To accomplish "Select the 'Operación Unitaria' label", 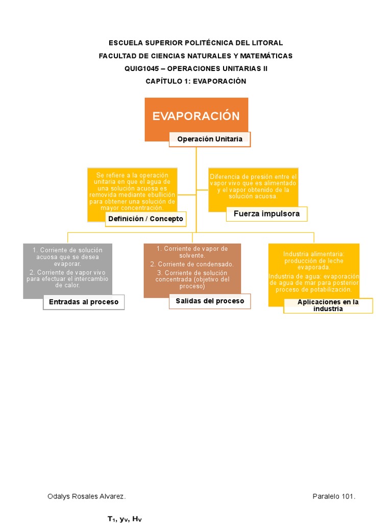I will point(210,139).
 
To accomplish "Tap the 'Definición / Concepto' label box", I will point(145,219).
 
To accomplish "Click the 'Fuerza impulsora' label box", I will point(266,213).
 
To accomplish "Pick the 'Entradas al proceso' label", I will point(84,302).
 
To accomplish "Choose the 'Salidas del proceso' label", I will point(210,301).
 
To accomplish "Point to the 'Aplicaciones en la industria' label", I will point(328,305).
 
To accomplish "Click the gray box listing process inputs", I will point(67,268).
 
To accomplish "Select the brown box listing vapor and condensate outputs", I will point(192,268).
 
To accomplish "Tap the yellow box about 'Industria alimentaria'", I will point(314,271).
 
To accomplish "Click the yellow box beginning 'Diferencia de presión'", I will point(253,186).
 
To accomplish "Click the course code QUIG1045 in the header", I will point(142,68).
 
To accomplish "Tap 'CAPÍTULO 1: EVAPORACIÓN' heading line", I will point(196,81).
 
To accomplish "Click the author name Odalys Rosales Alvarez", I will point(86,496).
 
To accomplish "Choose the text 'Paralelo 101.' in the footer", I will point(334,496).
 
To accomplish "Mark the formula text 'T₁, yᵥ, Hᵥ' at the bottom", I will point(124,519).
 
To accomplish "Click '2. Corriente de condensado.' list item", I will point(192,264).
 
